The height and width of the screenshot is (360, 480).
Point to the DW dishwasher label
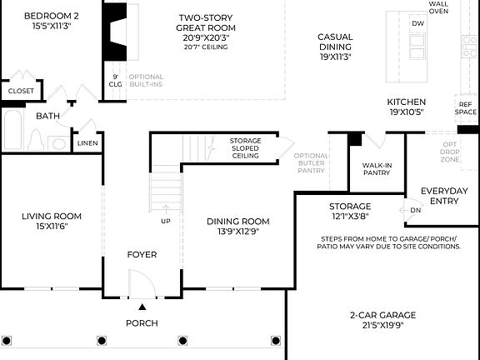pyautogui.click(x=417, y=23)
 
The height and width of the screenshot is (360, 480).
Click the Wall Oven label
pyautogui.click(x=438, y=8)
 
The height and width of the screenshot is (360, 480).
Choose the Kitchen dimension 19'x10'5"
pyautogui.click(x=406, y=112)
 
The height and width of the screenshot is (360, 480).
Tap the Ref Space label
pyautogui.click(x=466, y=108)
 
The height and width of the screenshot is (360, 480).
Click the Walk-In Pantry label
pyautogui.click(x=377, y=169)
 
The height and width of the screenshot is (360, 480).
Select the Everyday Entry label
pyautogui.click(x=443, y=196)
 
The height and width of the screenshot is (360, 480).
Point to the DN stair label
pyautogui.click(x=416, y=210)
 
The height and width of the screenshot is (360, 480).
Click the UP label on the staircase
pyautogui.click(x=166, y=221)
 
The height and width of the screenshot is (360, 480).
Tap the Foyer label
pyautogui.click(x=142, y=254)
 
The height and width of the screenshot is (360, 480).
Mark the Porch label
pyautogui.click(x=142, y=322)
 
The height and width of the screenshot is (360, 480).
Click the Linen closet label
pyautogui.click(x=87, y=143)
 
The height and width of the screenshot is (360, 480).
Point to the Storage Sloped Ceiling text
pyautogui.click(x=245, y=148)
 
